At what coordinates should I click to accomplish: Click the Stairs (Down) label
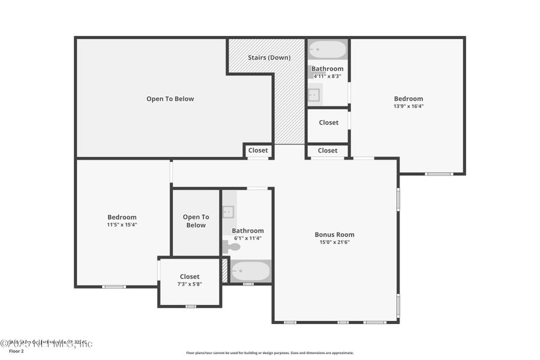(x=269, y=58)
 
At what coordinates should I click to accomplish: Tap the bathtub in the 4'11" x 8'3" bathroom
(x=327, y=49)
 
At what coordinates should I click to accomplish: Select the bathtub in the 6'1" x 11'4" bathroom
(x=250, y=271)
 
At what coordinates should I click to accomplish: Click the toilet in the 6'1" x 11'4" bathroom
(x=232, y=246)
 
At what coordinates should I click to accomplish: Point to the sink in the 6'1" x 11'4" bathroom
(x=229, y=211)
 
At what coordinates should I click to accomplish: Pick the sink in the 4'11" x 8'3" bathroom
(x=314, y=95)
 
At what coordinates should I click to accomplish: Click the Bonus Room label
(x=334, y=235)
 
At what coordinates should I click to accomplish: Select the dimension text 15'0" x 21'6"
(x=334, y=242)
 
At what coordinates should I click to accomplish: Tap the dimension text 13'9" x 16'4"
(x=408, y=106)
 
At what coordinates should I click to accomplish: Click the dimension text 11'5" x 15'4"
(x=122, y=224)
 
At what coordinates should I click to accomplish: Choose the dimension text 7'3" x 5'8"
(x=189, y=284)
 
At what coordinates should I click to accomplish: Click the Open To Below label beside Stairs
(x=170, y=99)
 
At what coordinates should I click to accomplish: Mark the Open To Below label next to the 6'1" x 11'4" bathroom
(x=196, y=221)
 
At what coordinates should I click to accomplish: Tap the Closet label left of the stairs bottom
(x=258, y=151)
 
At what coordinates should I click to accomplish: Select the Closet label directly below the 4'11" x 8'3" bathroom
(x=328, y=122)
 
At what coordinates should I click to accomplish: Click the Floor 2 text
(x=12, y=352)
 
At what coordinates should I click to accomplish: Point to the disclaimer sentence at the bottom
(x=269, y=353)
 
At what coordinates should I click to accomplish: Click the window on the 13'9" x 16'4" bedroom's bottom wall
(x=439, y=174)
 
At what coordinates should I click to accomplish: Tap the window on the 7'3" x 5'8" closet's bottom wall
(x=190, y=307)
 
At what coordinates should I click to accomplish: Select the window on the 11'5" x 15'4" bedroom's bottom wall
(x=113, y=287)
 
